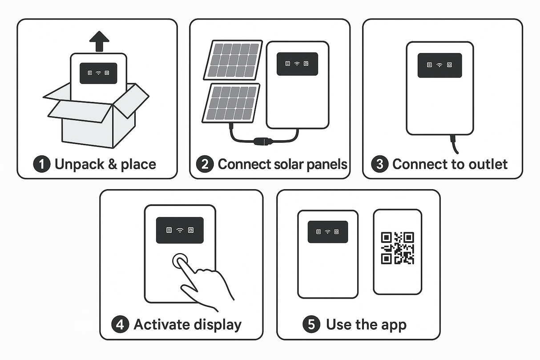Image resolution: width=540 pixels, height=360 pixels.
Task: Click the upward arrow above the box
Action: [99, 43]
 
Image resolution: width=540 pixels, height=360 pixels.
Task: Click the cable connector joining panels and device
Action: [260, 142]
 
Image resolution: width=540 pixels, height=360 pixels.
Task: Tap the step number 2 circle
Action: [205, 164]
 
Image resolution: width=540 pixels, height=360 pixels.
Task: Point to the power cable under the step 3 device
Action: [453, 145]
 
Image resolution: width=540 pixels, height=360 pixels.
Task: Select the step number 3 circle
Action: [379, 164]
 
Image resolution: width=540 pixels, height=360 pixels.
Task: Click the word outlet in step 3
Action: [486, 164]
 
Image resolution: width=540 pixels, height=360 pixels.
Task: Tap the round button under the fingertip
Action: [180, 262]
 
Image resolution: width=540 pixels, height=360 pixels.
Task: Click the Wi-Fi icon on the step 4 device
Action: [180, 230]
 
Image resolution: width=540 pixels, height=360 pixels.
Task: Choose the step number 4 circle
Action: [120, 324]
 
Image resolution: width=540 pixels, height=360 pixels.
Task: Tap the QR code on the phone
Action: [397, 248]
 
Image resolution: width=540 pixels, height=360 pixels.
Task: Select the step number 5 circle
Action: [311, 324]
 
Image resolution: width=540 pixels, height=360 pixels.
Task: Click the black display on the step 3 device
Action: [439, 65]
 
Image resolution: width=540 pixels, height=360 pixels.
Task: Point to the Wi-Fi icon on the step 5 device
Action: [328, 232]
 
